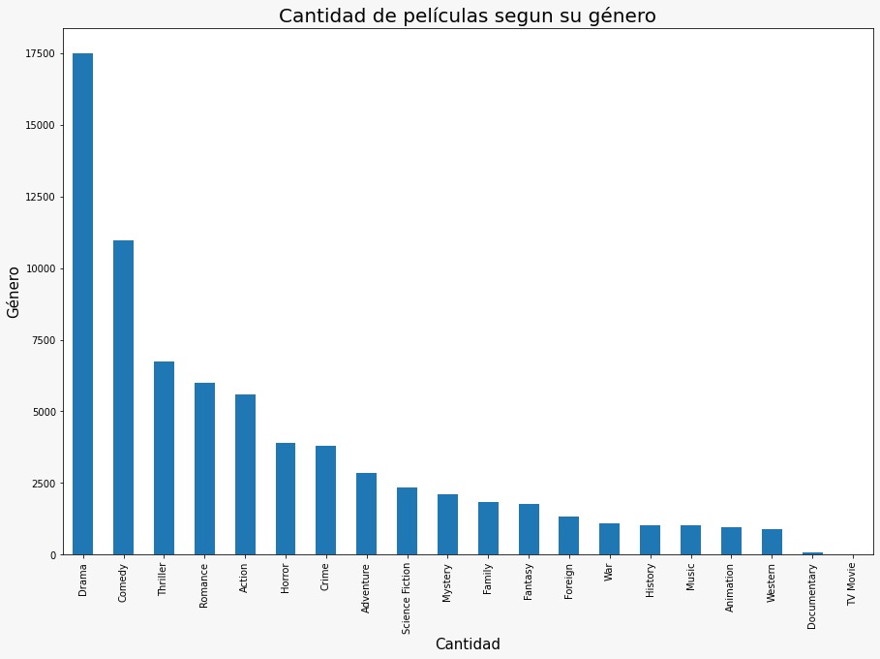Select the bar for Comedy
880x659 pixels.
click(123, 397)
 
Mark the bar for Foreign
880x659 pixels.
click(568, 536)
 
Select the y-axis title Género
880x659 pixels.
click(14, 292)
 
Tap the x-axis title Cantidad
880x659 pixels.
click(468, 643)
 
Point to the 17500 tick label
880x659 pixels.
click(40, 54)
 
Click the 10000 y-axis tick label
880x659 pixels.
click(40, 268)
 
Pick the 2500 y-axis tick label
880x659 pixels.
click(43, 484)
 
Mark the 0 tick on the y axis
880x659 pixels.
click(53, 555)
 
